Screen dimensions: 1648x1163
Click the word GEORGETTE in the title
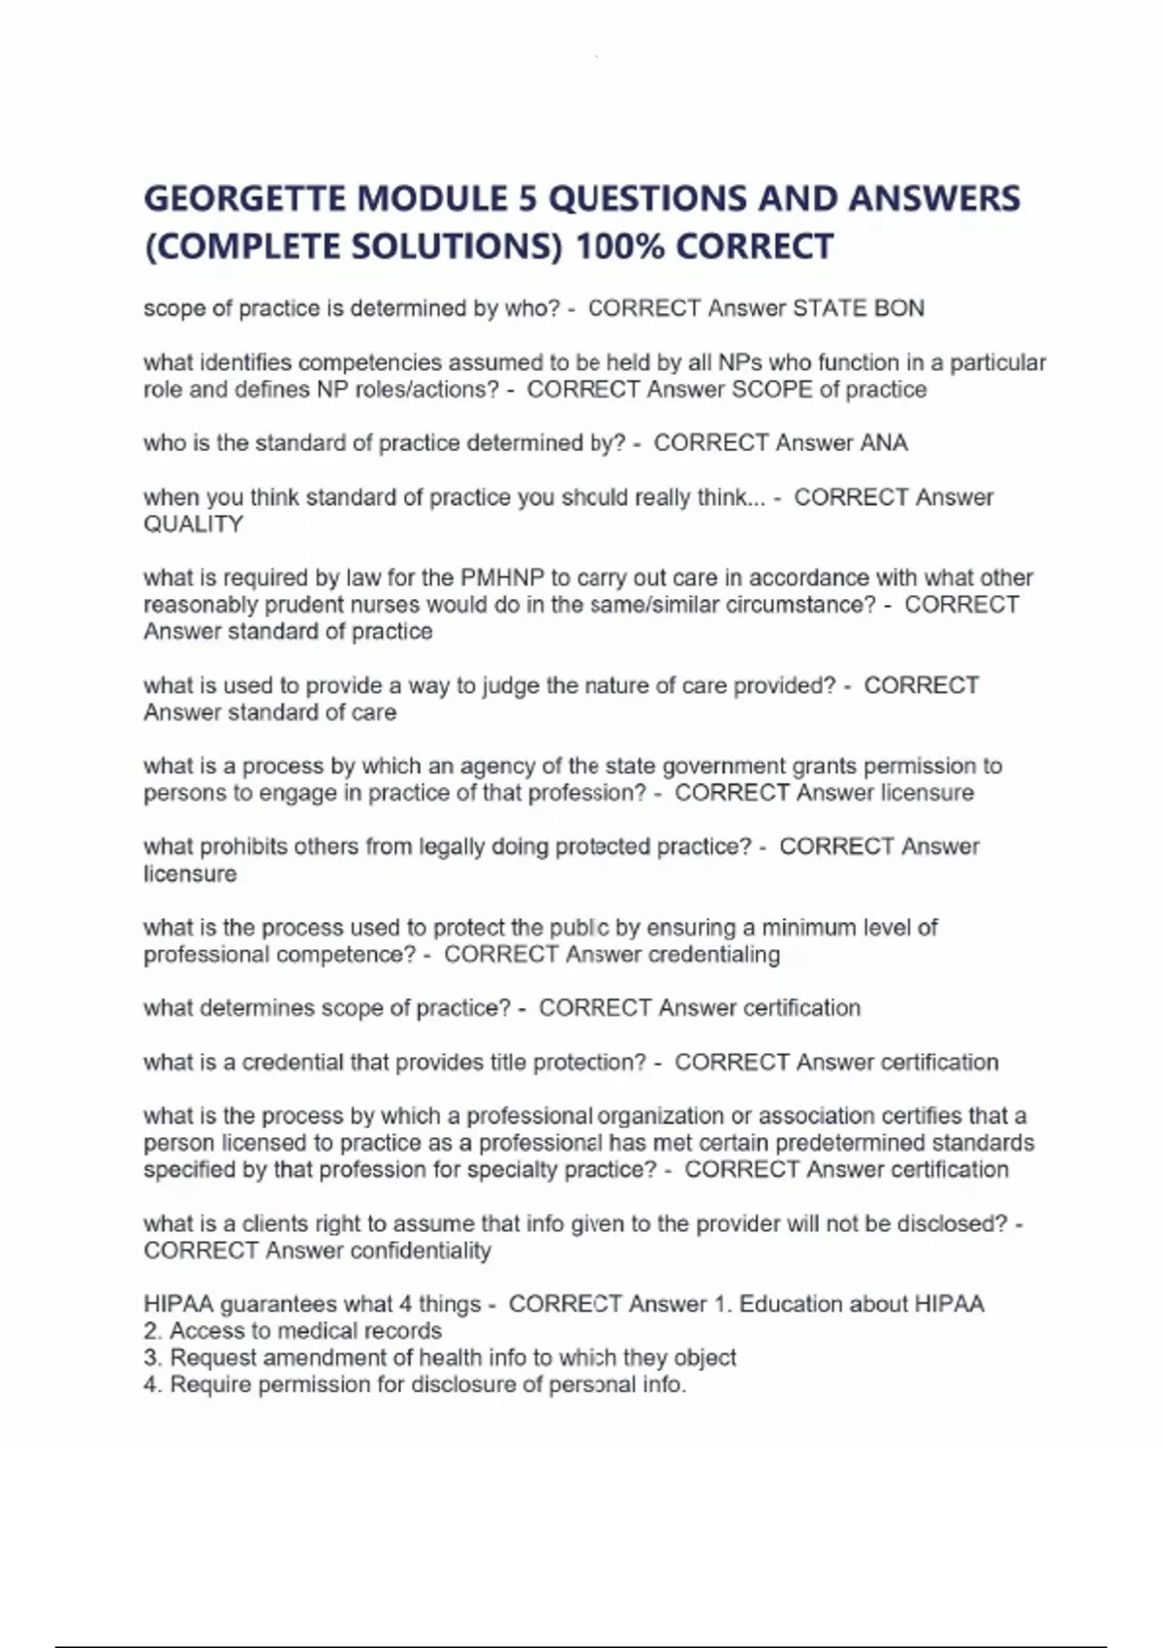[x=244, y=199]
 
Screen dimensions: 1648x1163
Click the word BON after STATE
[x=899, y=308]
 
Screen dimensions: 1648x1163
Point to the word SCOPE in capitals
[x=771, y=390]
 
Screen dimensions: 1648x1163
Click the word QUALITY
[x=193, y=524]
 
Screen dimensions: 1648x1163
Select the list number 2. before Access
[x=152, y=1331]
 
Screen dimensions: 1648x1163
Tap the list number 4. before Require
[x=152, y=1384]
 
